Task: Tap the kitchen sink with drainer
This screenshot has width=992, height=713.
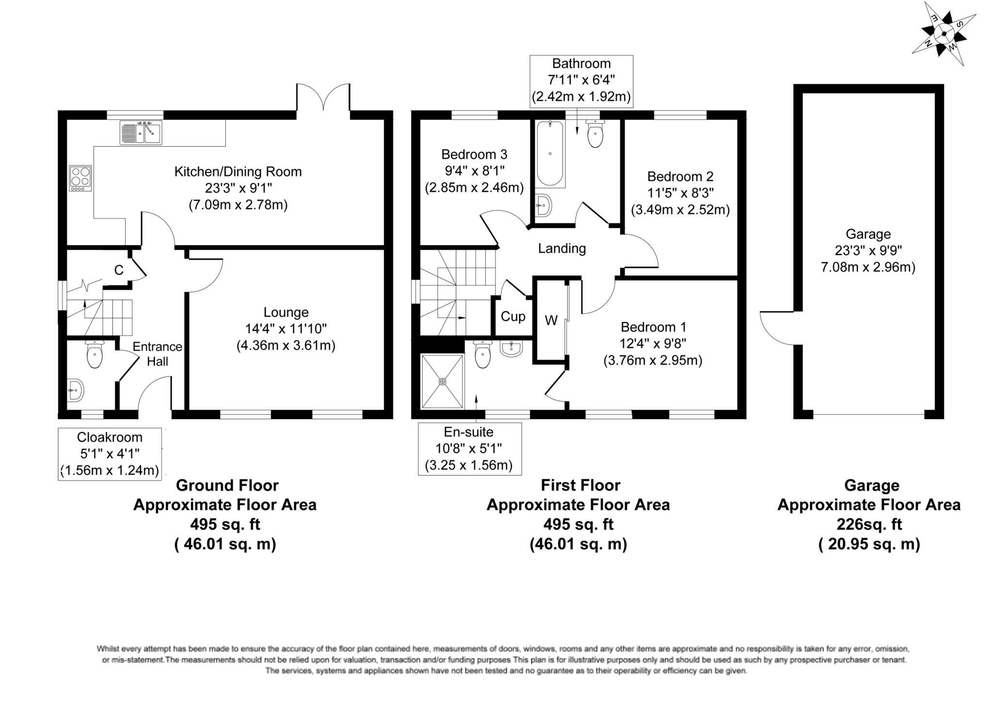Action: click(141, 132)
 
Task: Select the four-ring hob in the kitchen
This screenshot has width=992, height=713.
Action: click(80, 177)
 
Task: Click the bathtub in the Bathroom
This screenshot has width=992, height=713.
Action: click(550, 154)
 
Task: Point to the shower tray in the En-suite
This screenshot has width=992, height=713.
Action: click(442, 382)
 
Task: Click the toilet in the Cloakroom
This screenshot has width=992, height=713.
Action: click(94, 356)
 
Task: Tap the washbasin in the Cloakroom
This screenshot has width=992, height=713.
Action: click(75, 389)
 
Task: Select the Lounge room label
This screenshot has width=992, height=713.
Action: click(286, 312)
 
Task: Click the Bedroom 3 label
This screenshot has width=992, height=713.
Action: click(474, 155)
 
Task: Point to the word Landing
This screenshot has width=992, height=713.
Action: click(562, 248)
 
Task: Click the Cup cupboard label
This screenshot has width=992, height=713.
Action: click(512, 317)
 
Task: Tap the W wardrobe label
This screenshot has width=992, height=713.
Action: click(551, 321)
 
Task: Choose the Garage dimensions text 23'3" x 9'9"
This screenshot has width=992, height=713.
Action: click(868, 250)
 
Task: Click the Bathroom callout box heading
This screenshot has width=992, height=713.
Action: click(581, 63)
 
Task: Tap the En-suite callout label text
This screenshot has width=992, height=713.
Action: click(469, 432)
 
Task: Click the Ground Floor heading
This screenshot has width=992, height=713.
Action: click(227, 485)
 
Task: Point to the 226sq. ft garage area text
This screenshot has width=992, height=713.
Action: click(869, 524)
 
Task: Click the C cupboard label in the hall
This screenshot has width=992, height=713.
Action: click(119, 270)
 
